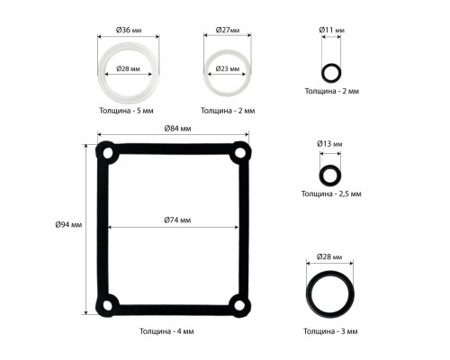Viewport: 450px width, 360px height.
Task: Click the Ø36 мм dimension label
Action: tap(129, 30)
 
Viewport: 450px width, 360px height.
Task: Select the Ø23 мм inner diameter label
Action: tap(228, 68)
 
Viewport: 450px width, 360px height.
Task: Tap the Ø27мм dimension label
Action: tap(228, 30)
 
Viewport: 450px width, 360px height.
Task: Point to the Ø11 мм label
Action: tap(331, 30)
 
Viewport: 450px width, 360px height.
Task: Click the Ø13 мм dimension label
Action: tap(329, 144)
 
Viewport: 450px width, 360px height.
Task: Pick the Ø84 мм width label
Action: tap(177, 129)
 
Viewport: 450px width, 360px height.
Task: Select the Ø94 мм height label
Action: tap(68, 224)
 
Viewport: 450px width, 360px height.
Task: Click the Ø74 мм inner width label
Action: tap(177, 220)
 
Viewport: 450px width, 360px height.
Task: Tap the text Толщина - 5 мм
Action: tap(126, 111)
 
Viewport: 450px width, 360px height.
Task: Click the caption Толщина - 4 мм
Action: tap(166, 331)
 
